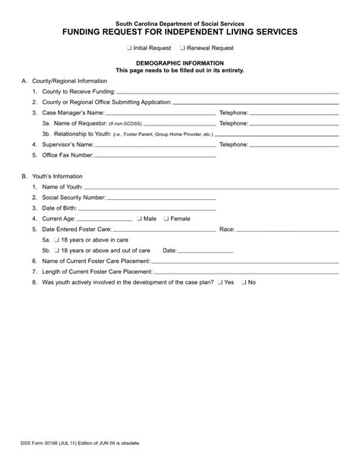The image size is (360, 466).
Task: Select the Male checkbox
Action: [x=140, y=218]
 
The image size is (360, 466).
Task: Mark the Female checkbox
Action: [x=166, y=218]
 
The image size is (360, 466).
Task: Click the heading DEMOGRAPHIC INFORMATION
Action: [x=179, y=63]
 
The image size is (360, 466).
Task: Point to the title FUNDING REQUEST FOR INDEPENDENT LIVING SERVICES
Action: [x=180, y=33]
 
